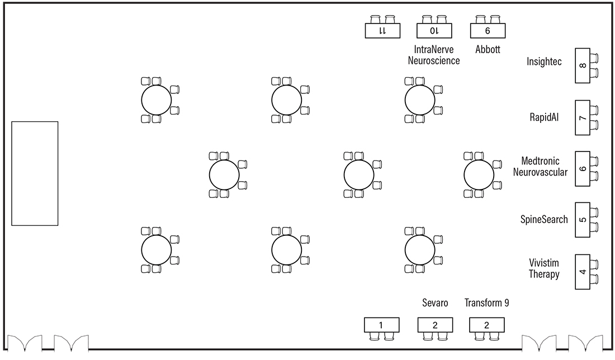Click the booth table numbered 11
click(x=382, y=31)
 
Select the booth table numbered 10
click(x=434, y=31)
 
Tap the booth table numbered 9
click(x=488, y=31)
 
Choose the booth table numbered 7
click(x=583, y=118)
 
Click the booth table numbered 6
click(x=583, y=168)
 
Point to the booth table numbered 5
click(x=583, y=220)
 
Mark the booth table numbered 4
click(x=583, y=272)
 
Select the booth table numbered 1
click(x=381, y=325)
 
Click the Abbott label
click(x=488, y=49)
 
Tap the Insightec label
click(x=544, y=61)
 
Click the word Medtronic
click(x=540, y=161)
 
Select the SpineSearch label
click(x=544, y=220)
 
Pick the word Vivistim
click(x=544, y=263)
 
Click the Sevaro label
click(x=435, y=303)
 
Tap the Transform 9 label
click(x=487, y=303)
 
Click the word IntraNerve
click(x=434, y=49)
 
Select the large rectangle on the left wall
click(x=35, y=173)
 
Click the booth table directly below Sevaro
click(x=434, y=325)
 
